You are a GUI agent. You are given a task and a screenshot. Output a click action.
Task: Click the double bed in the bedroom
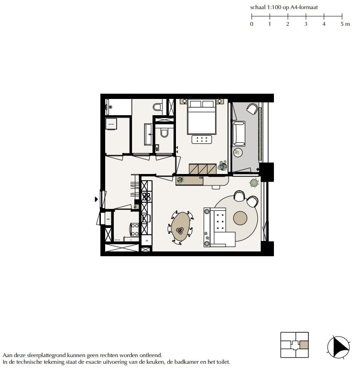201,117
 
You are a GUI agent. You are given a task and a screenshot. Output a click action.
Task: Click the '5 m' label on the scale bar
345,24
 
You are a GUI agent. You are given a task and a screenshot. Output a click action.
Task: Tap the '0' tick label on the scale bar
251,24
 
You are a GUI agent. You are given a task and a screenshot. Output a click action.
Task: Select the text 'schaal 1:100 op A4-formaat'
284,7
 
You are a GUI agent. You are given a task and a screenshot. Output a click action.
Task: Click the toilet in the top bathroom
157,106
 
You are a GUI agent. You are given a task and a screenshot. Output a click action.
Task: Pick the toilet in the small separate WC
164,132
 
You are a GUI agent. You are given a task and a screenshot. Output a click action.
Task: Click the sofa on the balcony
238,133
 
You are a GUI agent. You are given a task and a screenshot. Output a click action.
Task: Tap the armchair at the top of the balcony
252,109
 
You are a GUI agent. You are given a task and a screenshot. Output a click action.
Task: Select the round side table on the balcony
238,153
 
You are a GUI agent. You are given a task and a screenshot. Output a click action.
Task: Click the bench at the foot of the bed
202,140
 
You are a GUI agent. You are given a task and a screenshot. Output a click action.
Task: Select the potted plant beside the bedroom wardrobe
222,166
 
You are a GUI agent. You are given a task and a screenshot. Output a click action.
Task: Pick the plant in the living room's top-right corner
254,182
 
